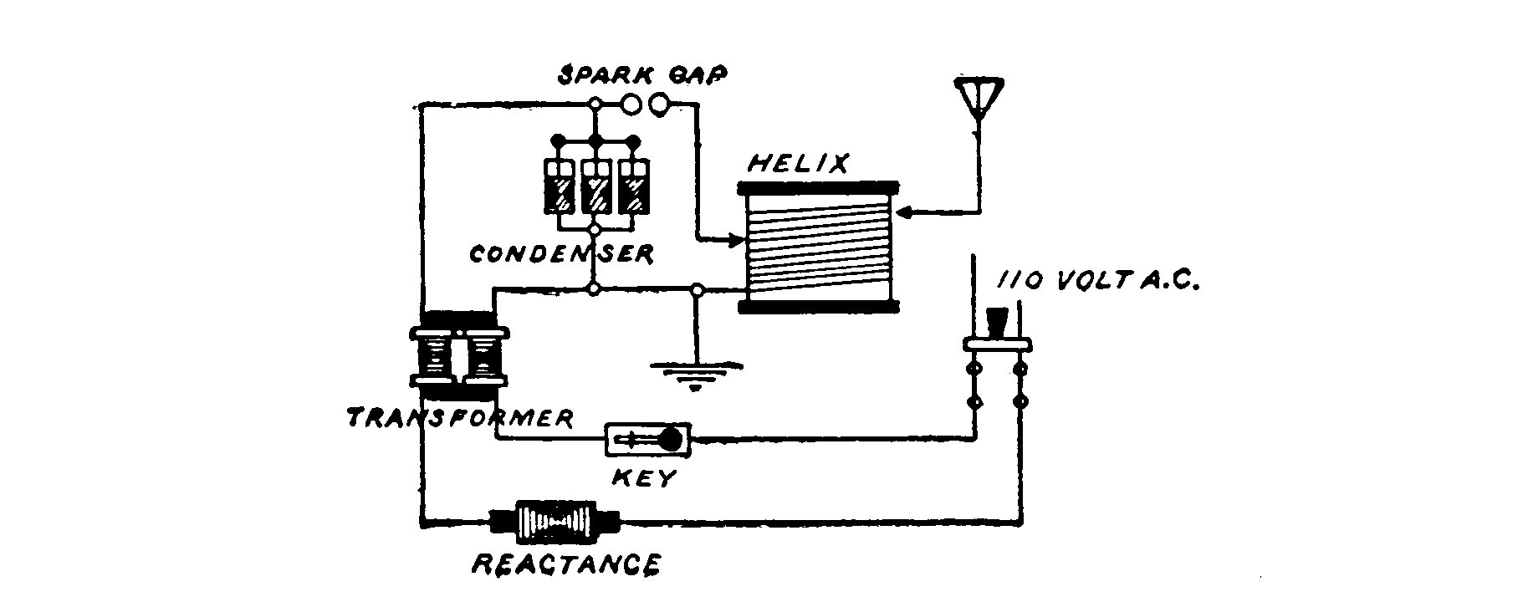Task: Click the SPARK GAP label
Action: click(x=643, y=74)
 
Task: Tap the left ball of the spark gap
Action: click(x=632, y=105)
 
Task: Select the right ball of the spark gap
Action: click(x=660, y=105)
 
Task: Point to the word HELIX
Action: click(x=797, y=163)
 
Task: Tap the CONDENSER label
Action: click(x=560, y=254)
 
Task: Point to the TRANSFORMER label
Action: click(x=460, y=418)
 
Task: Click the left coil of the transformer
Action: click(x=433, y=355)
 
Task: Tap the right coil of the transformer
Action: click(x=483, y=355)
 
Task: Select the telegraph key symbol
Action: click(x=649, y=440)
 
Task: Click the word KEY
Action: click(x=645, y=479)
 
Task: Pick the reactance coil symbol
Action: click(x=555, y=523)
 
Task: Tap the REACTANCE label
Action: click(x=566, y=565)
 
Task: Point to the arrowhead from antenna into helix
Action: click(x=906, y=213)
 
